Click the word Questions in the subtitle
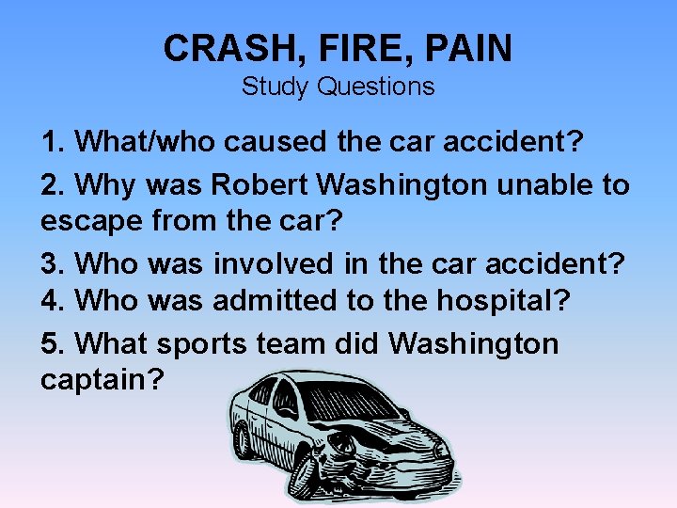click(375, 87)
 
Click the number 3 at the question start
click(49, 264)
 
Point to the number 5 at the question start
click(49, 344)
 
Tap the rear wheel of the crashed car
click(244, 439)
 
